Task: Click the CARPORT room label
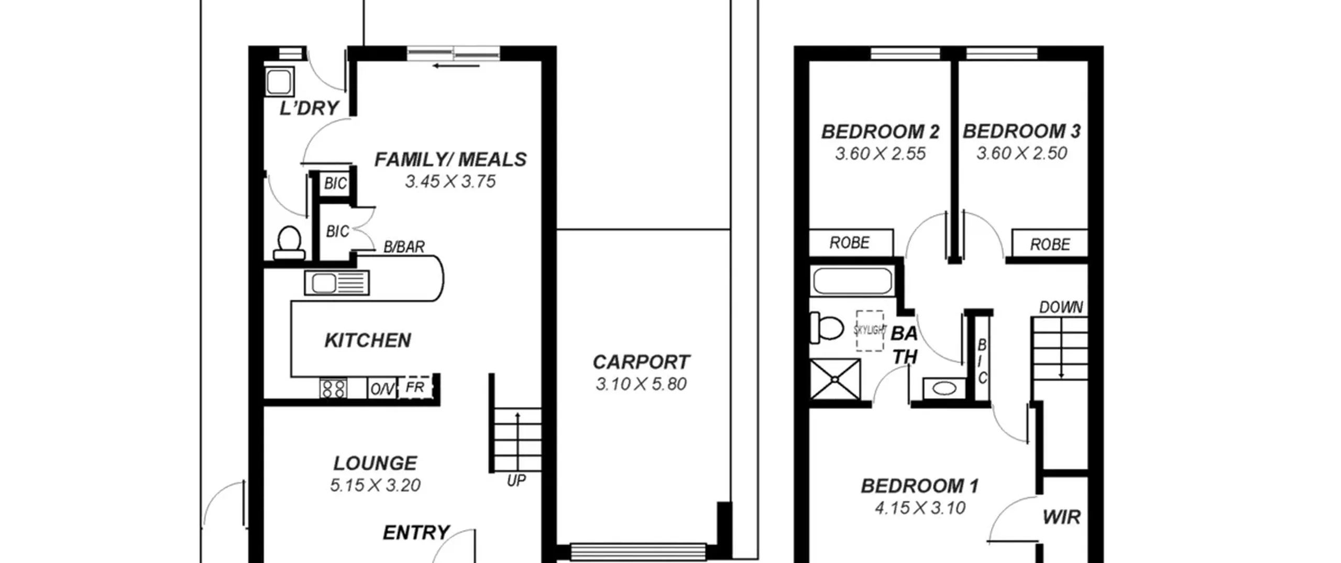641,362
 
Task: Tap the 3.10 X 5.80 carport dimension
641,384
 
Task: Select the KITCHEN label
368,340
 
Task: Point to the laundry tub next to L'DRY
279,81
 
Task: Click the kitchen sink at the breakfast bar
337,283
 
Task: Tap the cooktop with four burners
333,389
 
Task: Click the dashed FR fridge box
415,388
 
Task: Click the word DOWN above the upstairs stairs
1061,307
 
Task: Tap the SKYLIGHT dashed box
870,330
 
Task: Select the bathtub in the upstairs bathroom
852,281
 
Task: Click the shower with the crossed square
835,379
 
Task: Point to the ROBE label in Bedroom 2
849,242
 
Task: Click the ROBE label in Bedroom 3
1050,245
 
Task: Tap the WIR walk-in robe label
1061,517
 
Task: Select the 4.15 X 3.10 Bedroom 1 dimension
920,508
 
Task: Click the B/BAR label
404,247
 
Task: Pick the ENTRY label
416,533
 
